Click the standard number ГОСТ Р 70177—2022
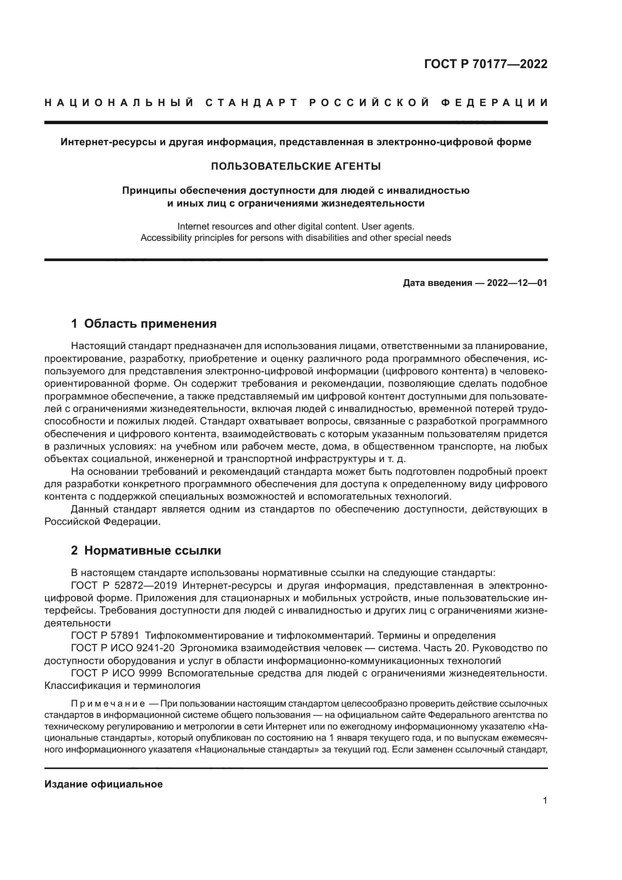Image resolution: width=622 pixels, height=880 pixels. click(485, 64)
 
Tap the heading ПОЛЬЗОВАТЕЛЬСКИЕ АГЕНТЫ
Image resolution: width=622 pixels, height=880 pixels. click(296, 166)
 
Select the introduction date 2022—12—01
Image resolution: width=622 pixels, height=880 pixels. click(517, 283)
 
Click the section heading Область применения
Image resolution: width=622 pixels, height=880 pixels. click(150, 324)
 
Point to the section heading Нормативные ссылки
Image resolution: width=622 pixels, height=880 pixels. click(152, 550)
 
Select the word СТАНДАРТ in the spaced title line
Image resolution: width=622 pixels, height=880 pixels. click(251, 103)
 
